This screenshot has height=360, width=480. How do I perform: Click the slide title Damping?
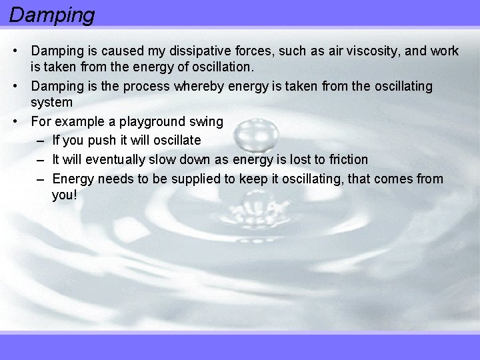(52, 14)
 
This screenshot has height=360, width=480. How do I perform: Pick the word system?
(51, 103)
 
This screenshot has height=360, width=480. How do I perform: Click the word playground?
(151, 122)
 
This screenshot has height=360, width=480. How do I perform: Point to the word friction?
(349, 159)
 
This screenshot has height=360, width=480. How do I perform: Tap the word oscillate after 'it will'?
(175, 140)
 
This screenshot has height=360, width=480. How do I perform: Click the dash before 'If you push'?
(41, 140)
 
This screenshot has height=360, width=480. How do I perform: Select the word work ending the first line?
(445, 51)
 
